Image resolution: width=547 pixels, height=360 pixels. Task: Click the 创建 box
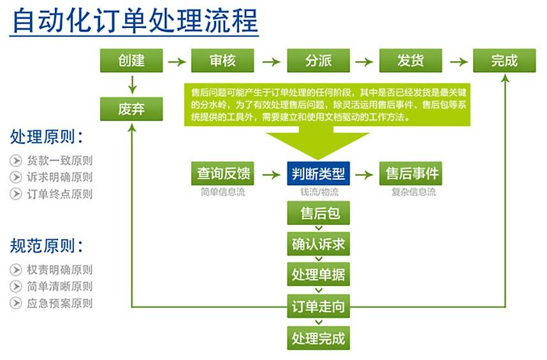131,61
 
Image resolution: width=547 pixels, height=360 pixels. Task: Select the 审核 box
222,61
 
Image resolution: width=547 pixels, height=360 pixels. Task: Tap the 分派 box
318,61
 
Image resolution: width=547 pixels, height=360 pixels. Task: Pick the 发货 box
411,61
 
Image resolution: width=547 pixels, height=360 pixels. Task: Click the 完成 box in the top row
504,61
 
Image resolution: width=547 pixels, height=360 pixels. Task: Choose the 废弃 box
131,109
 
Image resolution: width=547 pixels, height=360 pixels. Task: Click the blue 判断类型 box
318,173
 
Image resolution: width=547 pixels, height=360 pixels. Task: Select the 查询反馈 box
222,173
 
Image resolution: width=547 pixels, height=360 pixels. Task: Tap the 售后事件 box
411,173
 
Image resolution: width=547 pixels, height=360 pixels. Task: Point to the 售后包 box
318,213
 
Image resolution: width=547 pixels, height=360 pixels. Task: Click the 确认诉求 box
318,244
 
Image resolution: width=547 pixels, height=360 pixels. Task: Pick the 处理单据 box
318,275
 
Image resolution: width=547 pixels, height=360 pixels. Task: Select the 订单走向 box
318,306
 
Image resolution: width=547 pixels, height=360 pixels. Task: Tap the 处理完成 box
318,338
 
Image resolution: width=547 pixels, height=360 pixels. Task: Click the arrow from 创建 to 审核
177,62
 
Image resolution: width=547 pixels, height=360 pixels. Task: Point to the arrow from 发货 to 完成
459,62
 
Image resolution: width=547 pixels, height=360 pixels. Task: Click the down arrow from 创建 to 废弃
132,85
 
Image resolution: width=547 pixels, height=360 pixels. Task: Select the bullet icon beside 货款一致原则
16,161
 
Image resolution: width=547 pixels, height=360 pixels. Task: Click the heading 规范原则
46,246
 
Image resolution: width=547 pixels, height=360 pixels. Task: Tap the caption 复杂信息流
414,192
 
